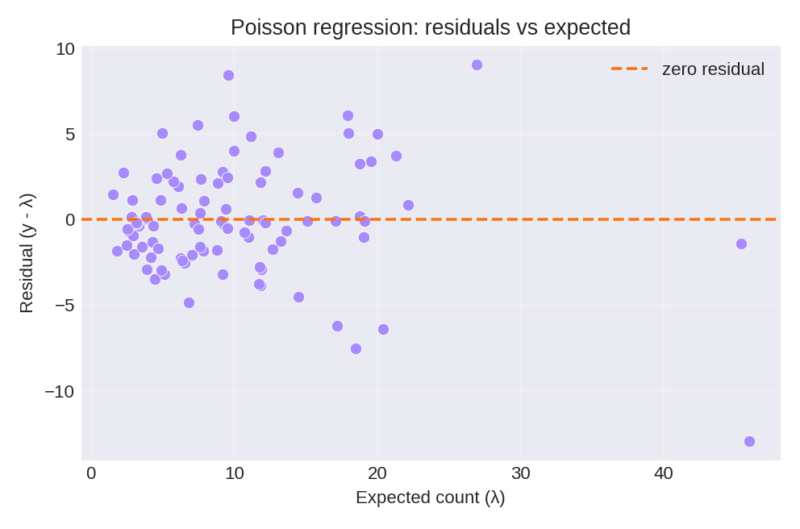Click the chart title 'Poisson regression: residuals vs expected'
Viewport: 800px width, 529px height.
point(430,27)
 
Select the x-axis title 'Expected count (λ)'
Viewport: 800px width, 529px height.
point(430,498)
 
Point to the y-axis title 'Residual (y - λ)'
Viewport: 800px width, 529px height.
point(26,253)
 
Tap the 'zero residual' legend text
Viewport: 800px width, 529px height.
point(712,69)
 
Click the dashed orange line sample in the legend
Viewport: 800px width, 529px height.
point(629,69)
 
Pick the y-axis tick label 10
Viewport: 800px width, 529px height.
point(65,49)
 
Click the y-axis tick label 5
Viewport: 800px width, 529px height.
point(69,134)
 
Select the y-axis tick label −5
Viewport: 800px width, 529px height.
point(65,305)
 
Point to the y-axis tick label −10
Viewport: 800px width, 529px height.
point(60,391)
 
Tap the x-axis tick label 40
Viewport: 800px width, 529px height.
point(664,473)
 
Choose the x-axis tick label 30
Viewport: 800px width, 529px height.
point(520,473)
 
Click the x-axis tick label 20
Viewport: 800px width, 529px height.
point(377,473)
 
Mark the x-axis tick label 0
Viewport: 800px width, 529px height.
point(91,473)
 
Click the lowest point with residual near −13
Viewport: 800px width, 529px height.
point(749,441)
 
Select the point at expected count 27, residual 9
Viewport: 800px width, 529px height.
point(477,65)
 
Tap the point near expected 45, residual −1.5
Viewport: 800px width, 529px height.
point(741,244)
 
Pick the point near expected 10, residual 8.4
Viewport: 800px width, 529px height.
point(228,75)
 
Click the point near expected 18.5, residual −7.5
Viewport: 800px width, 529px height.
point(356,348)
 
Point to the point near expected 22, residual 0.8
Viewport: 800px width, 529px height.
point(408,205)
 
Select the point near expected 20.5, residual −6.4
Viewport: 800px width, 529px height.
point(383,329)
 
